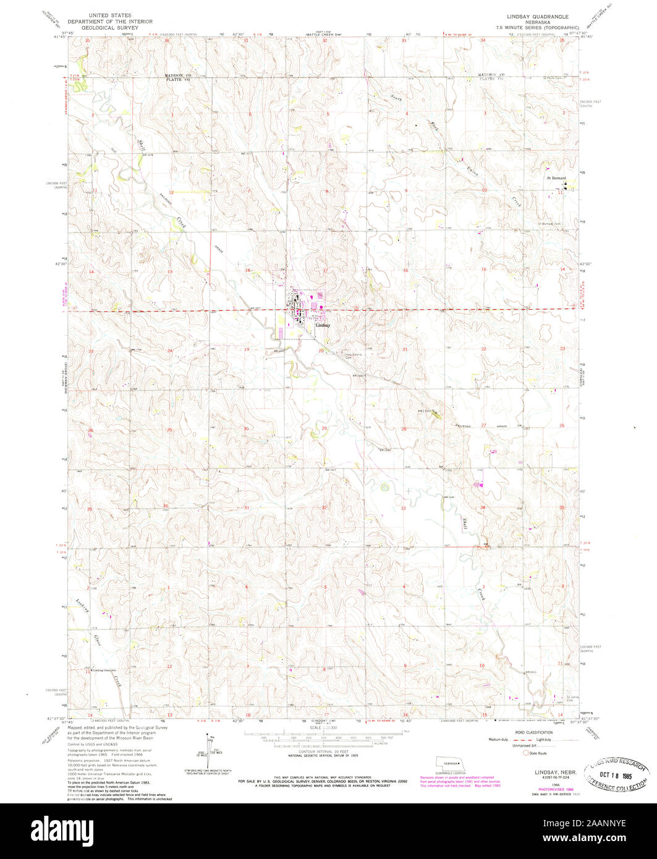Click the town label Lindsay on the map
coord(323,325)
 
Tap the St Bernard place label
coord(555,179)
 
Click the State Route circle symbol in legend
coord(526,753)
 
